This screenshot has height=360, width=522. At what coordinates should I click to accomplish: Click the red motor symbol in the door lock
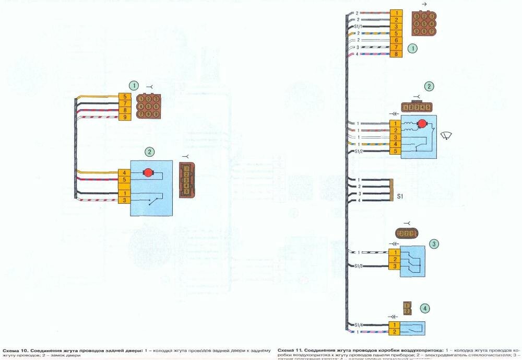point(148,172)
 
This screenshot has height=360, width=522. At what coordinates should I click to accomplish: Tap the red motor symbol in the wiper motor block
point(422,123)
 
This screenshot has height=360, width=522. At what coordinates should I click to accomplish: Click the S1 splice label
point(400,197)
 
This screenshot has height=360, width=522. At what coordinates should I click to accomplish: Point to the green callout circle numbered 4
point(426,309)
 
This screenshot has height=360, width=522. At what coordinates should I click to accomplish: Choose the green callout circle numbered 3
point(434,244)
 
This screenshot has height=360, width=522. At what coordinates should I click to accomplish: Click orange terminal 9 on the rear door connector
point(125,117)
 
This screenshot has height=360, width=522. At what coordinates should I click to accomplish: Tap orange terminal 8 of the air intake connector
point(396,54)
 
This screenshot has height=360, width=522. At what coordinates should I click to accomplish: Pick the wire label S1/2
point(358,152)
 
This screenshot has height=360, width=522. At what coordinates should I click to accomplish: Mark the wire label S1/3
point(358,266)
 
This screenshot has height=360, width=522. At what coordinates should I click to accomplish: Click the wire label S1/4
point(358,325)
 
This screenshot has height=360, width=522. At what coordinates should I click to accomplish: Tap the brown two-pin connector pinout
point(408,308)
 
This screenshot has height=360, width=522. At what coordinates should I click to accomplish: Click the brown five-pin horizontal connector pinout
point(417,107)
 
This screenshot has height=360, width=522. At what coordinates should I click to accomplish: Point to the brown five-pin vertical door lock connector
point(185,179)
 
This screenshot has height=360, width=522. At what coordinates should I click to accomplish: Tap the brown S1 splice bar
point(391,190)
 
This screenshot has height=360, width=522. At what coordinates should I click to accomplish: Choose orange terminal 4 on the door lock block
point(125,172)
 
